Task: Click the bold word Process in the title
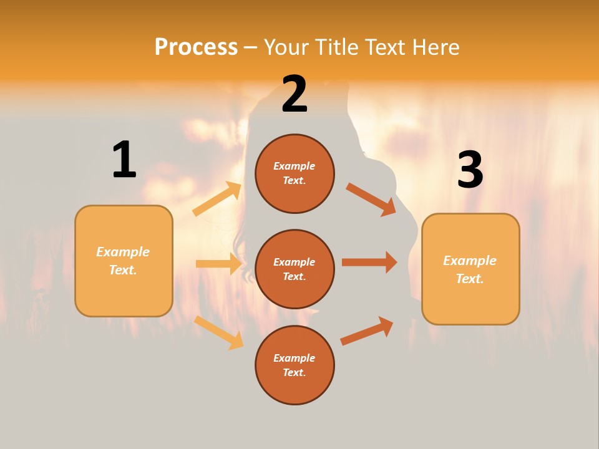tap(196, 47)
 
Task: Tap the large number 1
tap(124, 160)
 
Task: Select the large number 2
tap(295, 95)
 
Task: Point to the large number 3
tap(470, 170)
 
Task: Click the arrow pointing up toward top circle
tap(217, 199)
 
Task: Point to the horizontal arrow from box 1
tap(218, 264)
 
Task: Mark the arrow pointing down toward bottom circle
tap(219, 332)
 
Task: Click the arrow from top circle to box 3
tap(371, 199)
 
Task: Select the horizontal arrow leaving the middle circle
tap(369, 263)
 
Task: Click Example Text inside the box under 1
tap(123, 261)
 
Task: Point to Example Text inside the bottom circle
tap(295, 365)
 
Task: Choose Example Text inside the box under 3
tap(470, 269)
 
